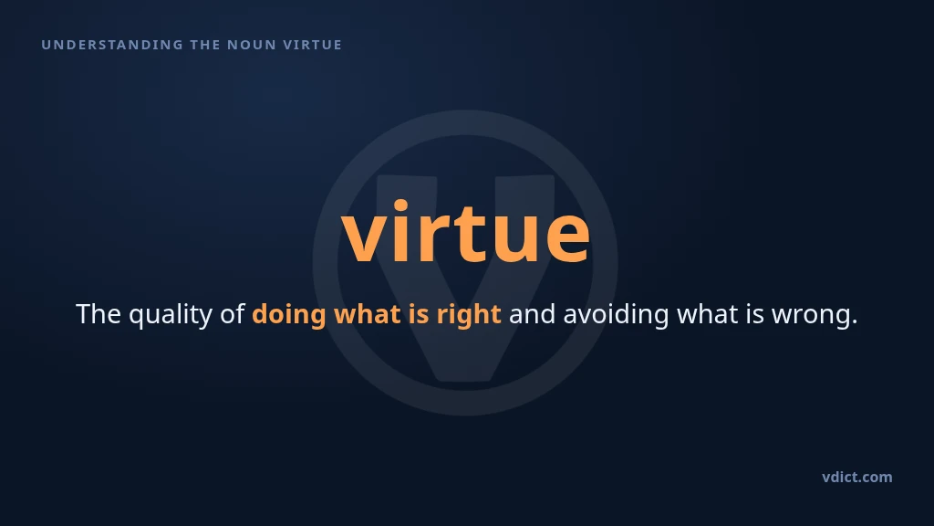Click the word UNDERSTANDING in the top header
pos(112,45)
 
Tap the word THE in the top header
pos(205,45)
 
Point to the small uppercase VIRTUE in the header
pos(313,45)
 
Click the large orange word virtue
pos(466,231)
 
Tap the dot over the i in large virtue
pos(400,206)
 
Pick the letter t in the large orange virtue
pos(462,234)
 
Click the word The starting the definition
pos(99,314)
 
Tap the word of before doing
pos(233,314)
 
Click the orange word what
pos(368,314)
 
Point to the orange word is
pos(419,314)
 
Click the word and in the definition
pos(532,314)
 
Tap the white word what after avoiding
pos(708,314)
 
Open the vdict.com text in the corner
pos(857,477)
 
